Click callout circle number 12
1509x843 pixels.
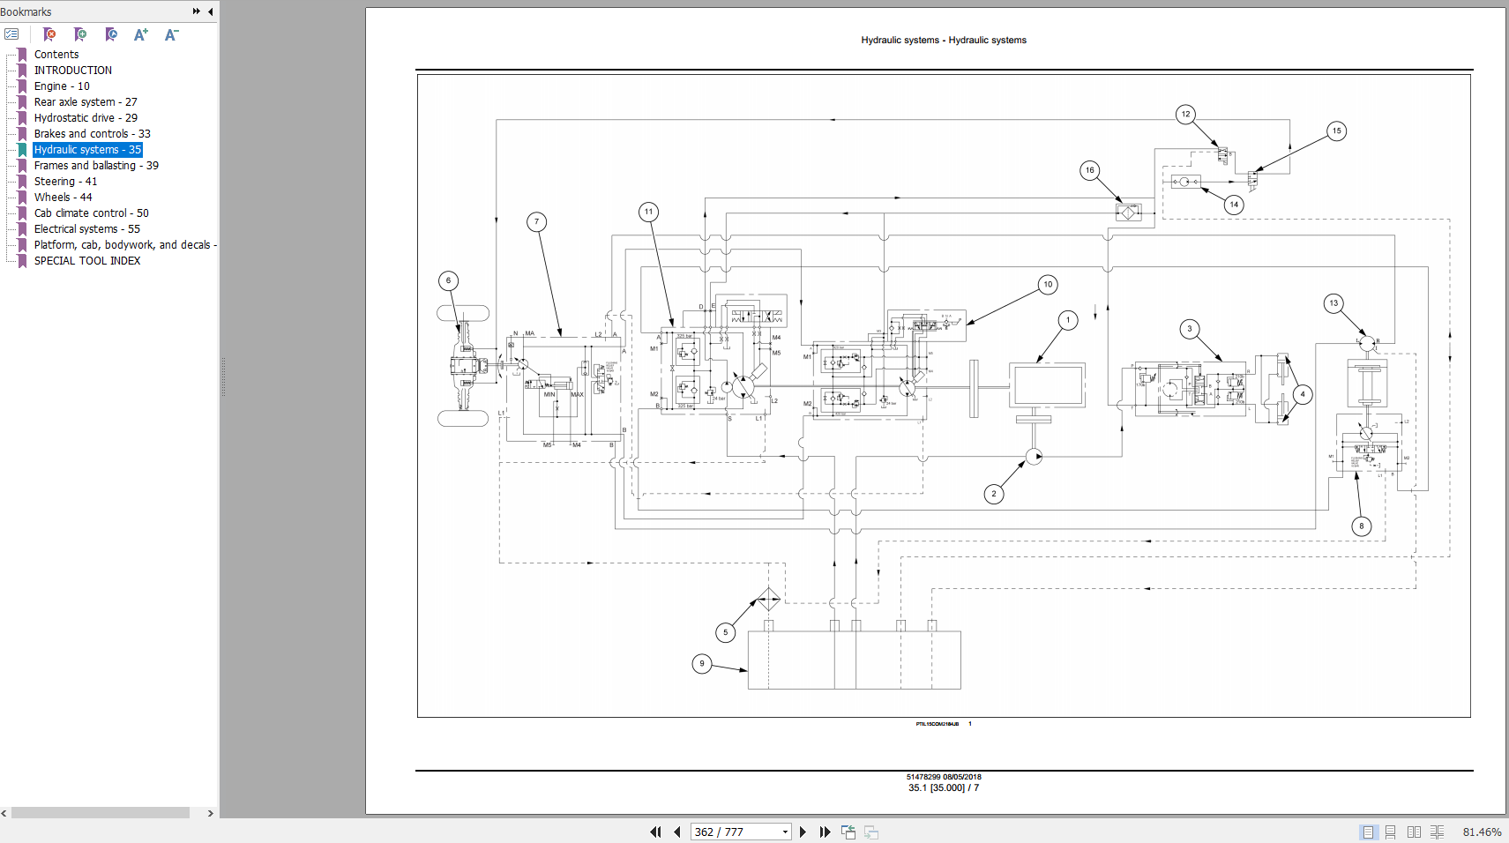1185,114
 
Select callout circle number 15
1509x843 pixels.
1336,131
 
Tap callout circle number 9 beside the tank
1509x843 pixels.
702,663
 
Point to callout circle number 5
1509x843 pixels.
726,632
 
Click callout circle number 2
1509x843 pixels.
994,494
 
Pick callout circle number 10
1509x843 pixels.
1048,285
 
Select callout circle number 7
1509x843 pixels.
536,222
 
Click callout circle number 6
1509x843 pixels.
448,281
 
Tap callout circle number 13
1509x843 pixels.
1333,303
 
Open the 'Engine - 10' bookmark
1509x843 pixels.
62,86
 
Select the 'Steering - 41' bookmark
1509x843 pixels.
65,182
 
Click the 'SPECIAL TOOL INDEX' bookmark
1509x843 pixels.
87,261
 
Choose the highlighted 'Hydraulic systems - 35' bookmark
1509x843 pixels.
87,150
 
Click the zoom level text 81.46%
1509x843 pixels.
1482,832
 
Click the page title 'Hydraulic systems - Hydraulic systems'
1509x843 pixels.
944,41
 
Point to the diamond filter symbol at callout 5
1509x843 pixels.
768,600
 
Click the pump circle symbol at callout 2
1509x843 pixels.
1034,457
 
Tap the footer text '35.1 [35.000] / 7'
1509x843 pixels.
944,788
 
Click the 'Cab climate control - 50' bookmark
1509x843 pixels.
92,213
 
